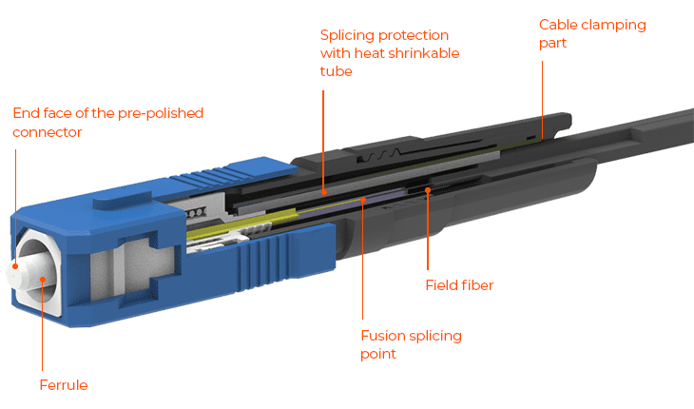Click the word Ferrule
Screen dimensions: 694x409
(x=64, y=385)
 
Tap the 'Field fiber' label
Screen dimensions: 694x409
(x=459, y=285)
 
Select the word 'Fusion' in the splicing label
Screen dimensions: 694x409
(x=383, y=336)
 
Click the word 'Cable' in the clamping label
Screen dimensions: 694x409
(x=558, y=25)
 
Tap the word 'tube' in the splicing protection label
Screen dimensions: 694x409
(x=337, y=71)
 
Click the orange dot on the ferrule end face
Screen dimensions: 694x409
(x=15, y=266)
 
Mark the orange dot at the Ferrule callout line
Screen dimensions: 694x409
(x=43, y=280)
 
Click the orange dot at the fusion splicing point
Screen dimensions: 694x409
(x=363, y=200)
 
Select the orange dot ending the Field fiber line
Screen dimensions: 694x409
(x=428, y=190)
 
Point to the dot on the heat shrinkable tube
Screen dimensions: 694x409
(x=324, y=192)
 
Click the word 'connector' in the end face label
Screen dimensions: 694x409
(x=48, y=132)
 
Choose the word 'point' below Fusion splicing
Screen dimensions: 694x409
(x=378, y=354)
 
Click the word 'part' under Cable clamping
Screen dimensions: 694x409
(x=552, y=44)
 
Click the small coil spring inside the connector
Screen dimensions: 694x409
(x=196, y=213)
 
